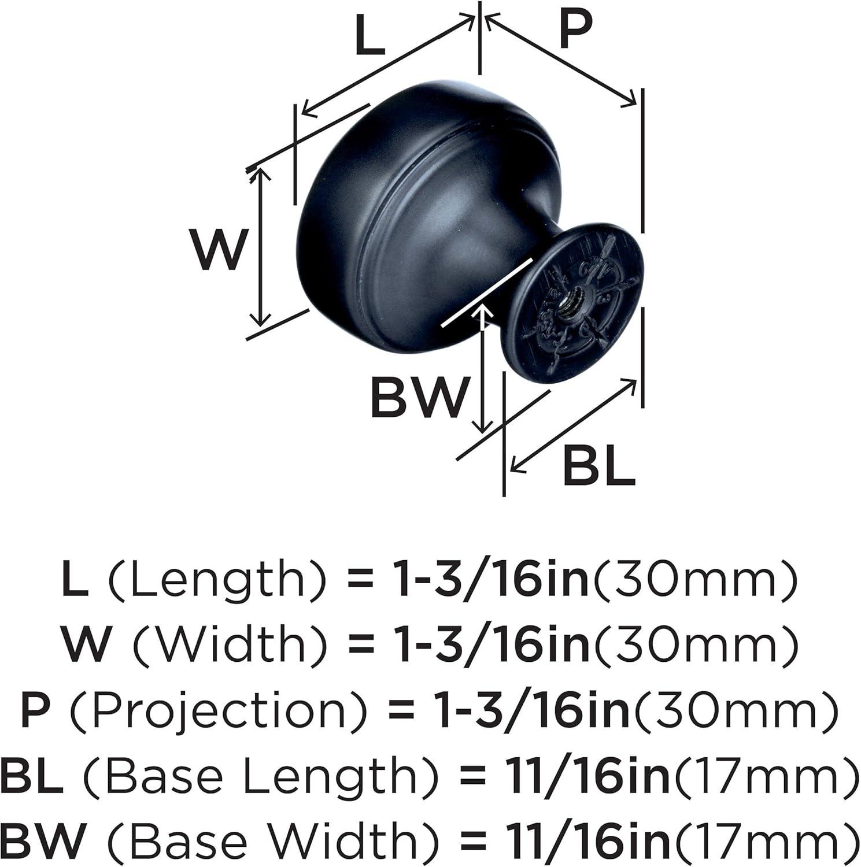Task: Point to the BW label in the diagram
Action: [x=417, y=398]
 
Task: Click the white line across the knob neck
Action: [x=487, y=292]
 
